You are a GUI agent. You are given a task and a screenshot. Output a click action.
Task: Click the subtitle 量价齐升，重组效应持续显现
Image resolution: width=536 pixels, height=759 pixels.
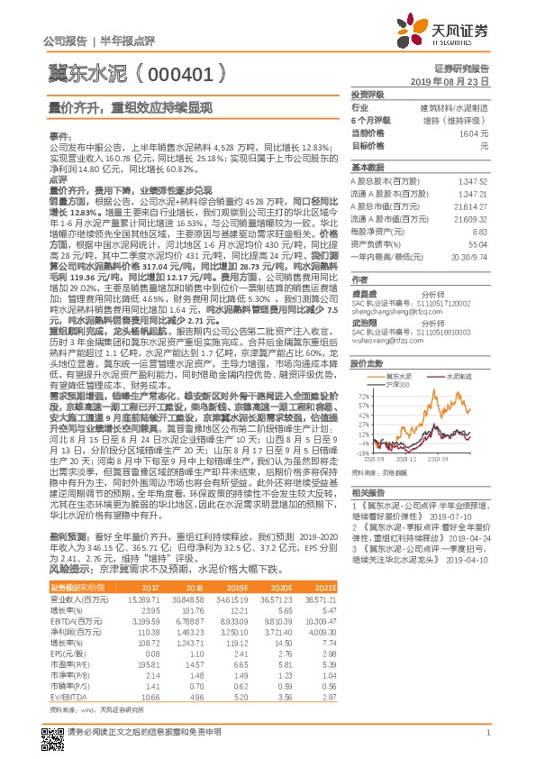(130, 105)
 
